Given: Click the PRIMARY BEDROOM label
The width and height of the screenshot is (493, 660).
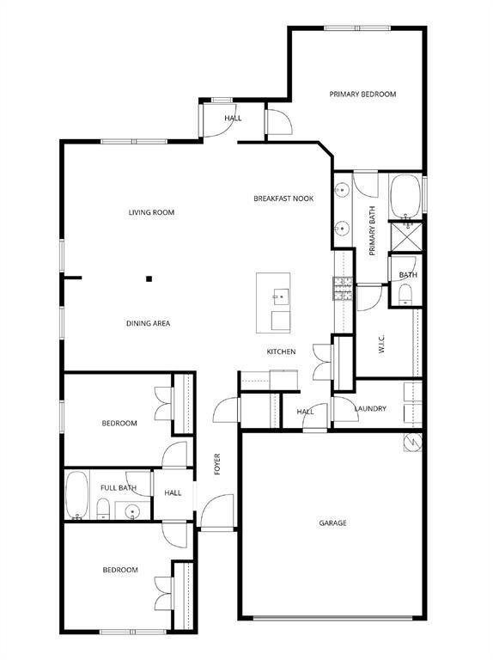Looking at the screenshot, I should [x=362, y=95].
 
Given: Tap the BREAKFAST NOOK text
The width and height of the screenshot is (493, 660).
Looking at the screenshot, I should [x=283, y=199].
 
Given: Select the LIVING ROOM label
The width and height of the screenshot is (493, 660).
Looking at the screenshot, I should [x=152, y=212].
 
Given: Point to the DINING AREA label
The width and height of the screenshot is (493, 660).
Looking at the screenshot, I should [x=149, y=323].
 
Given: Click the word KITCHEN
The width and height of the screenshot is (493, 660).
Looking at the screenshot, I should [x=281, y=351].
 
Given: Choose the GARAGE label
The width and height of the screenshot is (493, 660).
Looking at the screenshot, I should [x=332, y=522].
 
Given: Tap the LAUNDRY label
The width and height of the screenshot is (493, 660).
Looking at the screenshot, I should [x=370, y=409].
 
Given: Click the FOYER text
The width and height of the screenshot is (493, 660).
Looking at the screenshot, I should [x=218, y=464].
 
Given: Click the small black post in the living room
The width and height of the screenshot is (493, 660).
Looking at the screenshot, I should [x=149, y=278].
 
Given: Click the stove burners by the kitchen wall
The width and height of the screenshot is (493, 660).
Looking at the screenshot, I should [x=343, y=287].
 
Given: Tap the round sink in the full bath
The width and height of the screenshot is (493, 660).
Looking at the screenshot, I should [x=132, y=513].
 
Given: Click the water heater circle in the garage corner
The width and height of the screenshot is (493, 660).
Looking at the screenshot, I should [x=412, y=443].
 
